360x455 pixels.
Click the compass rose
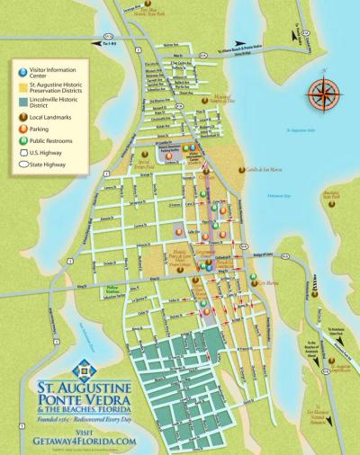click(321, 94)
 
